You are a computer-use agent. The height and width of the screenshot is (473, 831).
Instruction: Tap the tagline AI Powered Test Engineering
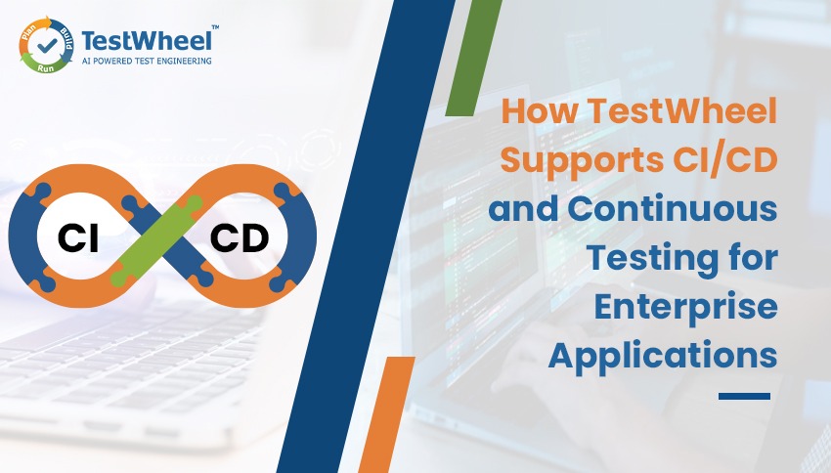148,61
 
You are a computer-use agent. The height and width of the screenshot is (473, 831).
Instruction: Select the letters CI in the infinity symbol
79,237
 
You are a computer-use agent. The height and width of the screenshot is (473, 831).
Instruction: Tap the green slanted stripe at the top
476,59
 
